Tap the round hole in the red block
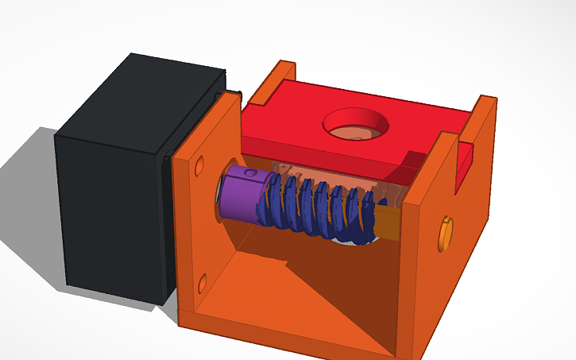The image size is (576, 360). point(355,124)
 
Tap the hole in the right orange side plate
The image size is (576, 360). point(445,234)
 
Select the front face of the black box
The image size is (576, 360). point(111,215)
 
